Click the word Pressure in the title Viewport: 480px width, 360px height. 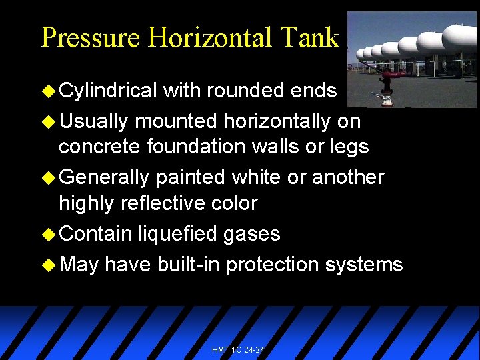click(91, 37)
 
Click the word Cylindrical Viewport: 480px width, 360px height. click(108, 90)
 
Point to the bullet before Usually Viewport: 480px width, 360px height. click(49, 121)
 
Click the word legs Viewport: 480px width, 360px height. click(349, 145)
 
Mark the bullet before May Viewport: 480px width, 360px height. click(49, 265)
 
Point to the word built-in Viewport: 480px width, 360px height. click(189, 265)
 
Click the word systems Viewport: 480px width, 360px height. click(364, 265)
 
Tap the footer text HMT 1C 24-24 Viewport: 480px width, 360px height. click(238, 349)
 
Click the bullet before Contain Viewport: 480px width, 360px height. click(49, 233)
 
